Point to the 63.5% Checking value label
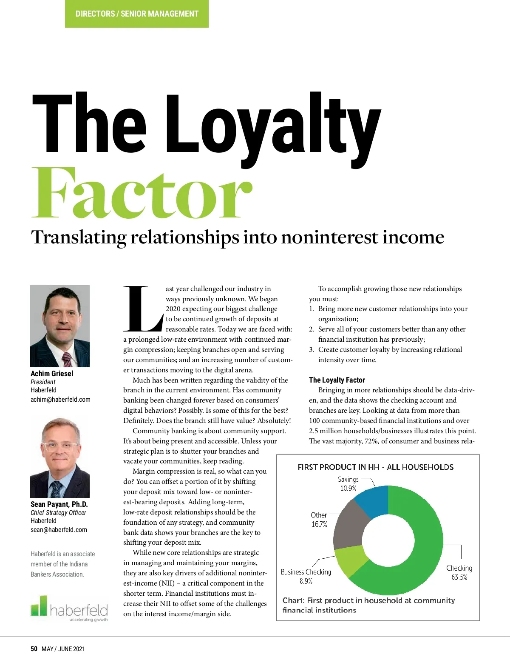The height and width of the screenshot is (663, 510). coord(459,577)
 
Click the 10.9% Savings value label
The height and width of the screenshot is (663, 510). coord(348,488)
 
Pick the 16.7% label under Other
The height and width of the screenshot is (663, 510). coord(319,524)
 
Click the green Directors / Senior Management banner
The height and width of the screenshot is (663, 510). coord(137,14)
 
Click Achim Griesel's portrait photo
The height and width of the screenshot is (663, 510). coord(60,326)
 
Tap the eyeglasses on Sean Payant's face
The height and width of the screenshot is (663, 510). coord(60,446)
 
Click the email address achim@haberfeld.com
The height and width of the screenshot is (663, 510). coord(60,400)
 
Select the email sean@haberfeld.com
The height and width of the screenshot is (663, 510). coord(59,530)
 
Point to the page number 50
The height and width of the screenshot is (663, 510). coord(34,649)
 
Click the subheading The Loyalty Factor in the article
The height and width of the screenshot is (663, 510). coord(337,380)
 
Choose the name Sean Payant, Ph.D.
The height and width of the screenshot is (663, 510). coord(59,504)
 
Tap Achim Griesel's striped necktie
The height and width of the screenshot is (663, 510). coord(67,360)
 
